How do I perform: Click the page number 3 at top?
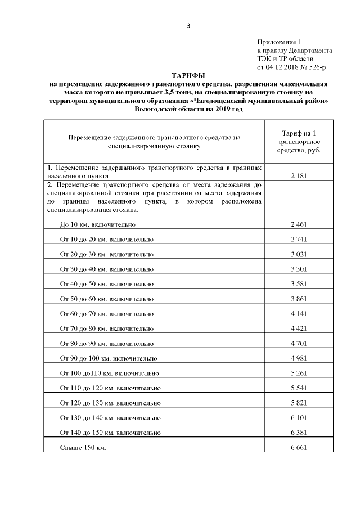pos(189,25)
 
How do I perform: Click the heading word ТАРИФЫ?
pos(188,75)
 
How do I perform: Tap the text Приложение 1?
pos(280,42)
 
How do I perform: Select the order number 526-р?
pos(317,67)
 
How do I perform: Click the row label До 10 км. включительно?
pos(98,224)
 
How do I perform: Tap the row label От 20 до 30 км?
pos(106,254)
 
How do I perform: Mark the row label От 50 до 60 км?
pos(106,298)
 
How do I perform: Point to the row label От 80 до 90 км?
pos(106,343)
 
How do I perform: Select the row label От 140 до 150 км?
pos(110,432)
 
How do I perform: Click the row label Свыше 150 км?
pos(83,447)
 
